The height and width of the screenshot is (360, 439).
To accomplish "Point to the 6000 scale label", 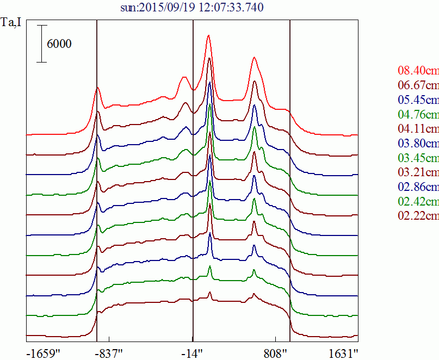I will (59, 45).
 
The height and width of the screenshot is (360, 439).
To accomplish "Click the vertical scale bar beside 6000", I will (42, 44).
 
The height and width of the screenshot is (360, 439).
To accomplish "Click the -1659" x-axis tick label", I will (43, 353).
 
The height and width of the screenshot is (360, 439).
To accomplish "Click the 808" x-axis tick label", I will (276, 353).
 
